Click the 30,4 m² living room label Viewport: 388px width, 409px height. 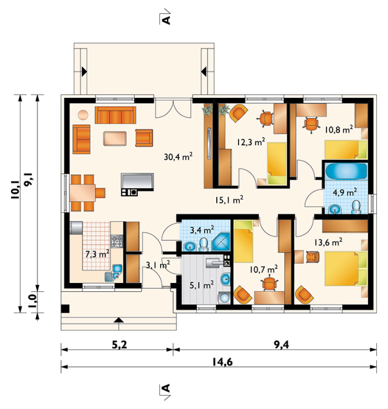click(178, 156)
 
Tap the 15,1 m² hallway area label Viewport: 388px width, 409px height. click(229, 200)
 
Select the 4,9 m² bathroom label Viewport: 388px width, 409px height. click(345, 193)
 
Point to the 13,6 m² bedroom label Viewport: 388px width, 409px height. click(328, 243)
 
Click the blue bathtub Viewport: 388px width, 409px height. click(346, 171)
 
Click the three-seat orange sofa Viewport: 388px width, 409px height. click(115, 115)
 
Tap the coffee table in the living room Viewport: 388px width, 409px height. click(115, 138)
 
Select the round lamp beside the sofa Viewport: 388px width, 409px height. click(83, 115)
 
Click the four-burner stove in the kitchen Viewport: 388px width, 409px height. click(117, 241)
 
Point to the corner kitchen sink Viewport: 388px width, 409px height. click(114, 273)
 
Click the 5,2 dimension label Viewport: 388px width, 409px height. click(119, 345)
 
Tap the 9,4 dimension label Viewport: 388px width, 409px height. click(281, 345)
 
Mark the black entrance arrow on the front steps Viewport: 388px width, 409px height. click(119, 320)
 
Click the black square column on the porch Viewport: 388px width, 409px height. click(65, 309)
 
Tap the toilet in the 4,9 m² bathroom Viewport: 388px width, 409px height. click(356, 207)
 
